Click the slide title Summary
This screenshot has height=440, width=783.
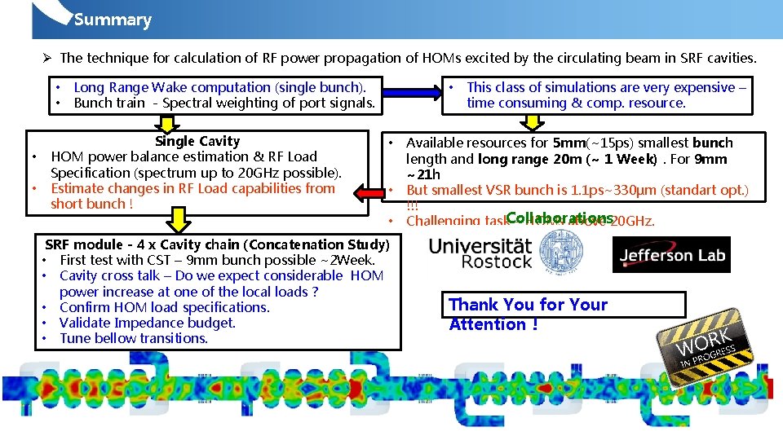point(113,20)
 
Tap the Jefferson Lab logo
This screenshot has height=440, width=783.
point(671,255)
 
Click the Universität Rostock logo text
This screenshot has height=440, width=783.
point(480,253)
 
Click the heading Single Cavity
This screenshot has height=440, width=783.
point(197,142)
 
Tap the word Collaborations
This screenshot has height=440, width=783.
point(559,218)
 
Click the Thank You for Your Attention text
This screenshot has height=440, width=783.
point(528,315)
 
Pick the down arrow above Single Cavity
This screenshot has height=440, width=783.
point(167,123)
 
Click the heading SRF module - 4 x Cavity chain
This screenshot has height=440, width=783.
point(217,244)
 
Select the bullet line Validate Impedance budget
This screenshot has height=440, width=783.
point(148,323)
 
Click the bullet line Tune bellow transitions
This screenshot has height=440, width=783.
point(134,338)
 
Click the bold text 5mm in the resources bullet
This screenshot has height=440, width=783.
point(569,143)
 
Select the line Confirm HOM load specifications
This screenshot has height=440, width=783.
point(164,307)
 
